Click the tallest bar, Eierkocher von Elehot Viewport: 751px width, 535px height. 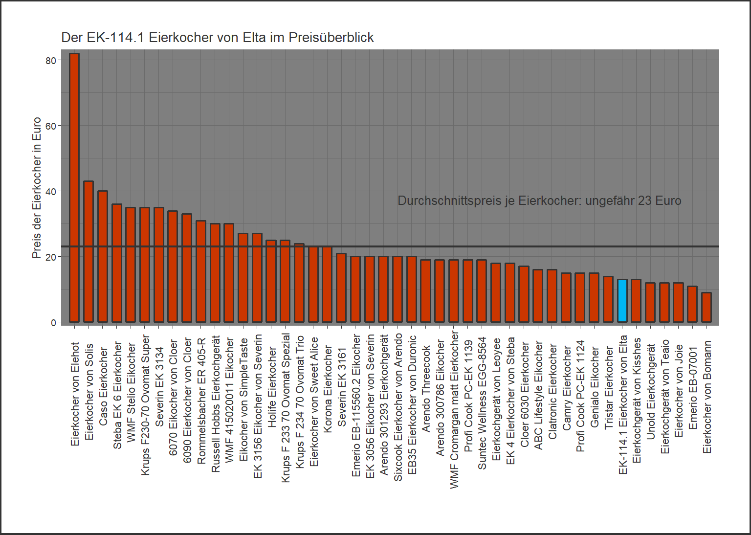click(74, 188)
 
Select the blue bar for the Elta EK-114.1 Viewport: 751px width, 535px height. click(622, 301)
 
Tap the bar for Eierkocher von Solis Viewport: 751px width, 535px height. click(88, 252)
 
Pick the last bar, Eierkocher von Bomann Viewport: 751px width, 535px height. click(707, 308)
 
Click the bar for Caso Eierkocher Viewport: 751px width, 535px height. click(103, 257)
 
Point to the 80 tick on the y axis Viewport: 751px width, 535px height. click(51, 61)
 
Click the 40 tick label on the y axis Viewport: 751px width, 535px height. click(51, 191)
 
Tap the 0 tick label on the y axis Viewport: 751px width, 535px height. click(54, 323)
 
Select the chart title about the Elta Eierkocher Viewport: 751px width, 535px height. click(217, 38)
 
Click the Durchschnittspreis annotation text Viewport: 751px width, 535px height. click(539, 201)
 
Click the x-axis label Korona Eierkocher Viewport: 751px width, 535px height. click(328, 389)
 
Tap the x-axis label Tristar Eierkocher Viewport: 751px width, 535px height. click(609, 388)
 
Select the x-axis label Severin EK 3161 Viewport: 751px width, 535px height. click(342, 387)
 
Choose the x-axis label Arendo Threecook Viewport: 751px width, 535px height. click(426, 389)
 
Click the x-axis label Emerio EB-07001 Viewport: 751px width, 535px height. click(693, 388)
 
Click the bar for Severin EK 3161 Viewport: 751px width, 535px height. click(341, 288)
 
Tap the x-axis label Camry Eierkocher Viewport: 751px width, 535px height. click(567, 388)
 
